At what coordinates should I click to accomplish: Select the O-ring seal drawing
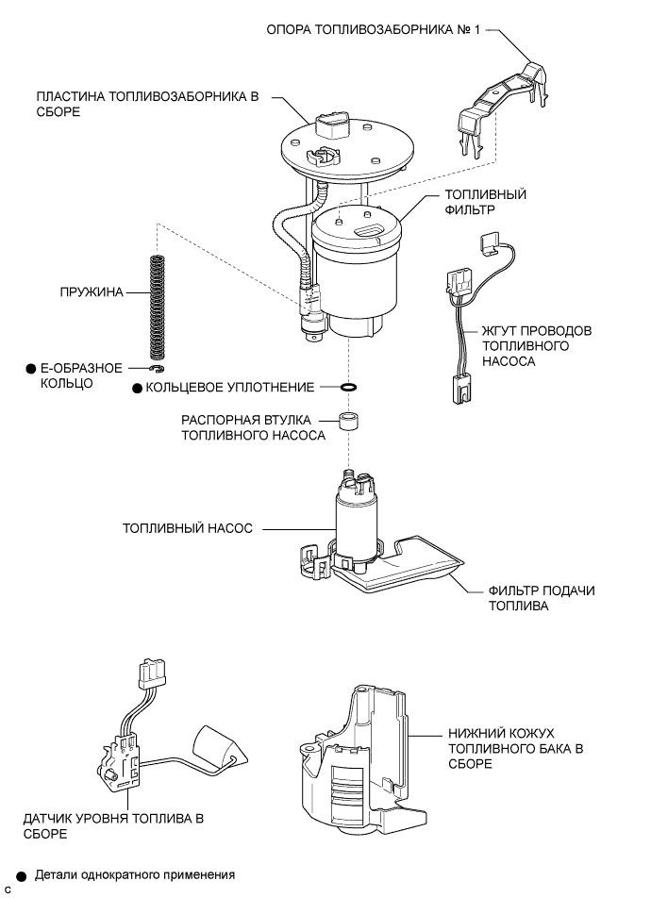pos(348,387)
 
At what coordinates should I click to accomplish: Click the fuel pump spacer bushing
pos(350,421)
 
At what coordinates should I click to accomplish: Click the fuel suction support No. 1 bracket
pos(499,108)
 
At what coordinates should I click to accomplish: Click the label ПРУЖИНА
pos(91,292)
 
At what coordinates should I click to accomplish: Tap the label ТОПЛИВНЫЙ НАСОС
pos(187,529)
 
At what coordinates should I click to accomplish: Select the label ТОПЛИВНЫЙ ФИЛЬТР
pos(485,202)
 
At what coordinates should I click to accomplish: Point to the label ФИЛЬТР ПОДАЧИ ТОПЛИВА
pos(541,598)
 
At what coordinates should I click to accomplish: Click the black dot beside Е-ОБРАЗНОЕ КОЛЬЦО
pos(31,369)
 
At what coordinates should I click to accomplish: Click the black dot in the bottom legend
pos(21,875)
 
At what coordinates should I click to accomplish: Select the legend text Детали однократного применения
pos(134,875)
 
